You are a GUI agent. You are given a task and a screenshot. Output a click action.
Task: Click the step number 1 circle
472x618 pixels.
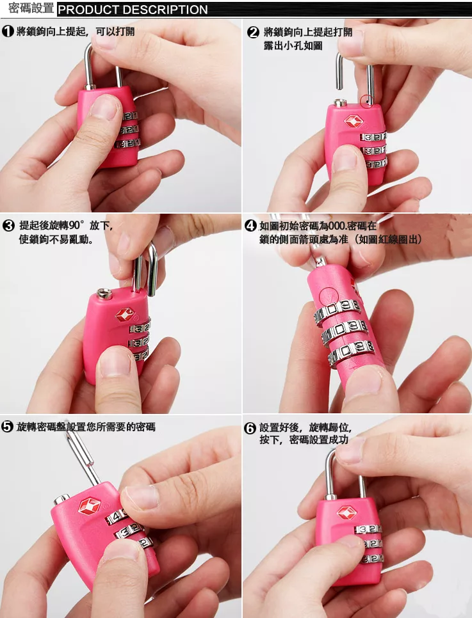coord(8,31)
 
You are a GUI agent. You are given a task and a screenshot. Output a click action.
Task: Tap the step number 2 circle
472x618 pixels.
coord(253,32)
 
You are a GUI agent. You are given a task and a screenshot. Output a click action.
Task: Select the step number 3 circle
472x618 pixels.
coord(8,226)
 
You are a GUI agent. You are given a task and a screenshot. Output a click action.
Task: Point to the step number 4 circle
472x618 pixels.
coord(250,226)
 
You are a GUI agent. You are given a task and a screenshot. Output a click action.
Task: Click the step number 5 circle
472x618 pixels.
coord(7,427)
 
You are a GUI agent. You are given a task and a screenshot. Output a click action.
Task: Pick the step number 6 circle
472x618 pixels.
coord(250,427)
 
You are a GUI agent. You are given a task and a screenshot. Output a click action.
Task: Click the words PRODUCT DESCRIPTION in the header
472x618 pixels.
coord(133,10)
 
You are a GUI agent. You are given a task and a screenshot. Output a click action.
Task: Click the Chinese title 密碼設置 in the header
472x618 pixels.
coord(31,8)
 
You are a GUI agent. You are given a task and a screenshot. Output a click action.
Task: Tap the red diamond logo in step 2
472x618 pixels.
coord(354,121)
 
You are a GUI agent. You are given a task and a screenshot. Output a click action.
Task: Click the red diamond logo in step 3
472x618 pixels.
coord(125,314)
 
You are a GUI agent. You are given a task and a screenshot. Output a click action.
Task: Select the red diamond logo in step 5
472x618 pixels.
coord(90,506)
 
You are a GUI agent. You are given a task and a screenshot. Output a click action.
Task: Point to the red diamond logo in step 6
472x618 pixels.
coord(346,512)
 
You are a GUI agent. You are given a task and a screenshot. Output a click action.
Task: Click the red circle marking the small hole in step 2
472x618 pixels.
coord(366,101)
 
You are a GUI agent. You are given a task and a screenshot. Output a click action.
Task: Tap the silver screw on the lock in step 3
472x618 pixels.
coord(104,293)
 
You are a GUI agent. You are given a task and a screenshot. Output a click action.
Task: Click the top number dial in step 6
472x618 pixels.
coord(368,529)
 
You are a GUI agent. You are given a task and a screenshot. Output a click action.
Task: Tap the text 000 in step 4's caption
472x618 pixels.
coord(337,226)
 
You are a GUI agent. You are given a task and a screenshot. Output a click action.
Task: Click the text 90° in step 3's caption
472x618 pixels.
coord(77,225)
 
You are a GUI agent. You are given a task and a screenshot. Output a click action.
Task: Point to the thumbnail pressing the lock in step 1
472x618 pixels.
coord(104,107)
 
